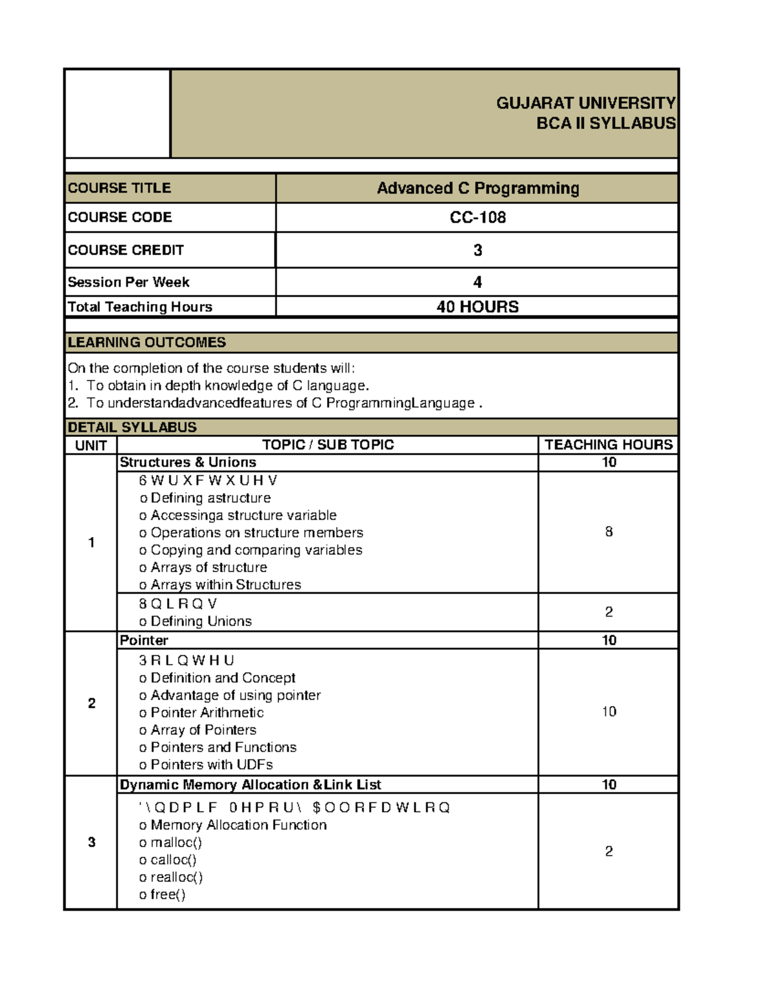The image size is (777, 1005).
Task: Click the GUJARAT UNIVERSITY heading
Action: coord(585,103)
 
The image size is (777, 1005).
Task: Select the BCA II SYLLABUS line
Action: coord(605,123)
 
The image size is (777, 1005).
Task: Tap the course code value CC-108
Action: coord(477,217)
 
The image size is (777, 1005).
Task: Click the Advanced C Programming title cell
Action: coord(477,188)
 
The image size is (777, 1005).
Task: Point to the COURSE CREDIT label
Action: coord(126,250)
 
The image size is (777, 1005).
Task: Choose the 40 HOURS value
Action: coord(477,307)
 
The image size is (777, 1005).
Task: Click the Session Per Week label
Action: coord(128,282)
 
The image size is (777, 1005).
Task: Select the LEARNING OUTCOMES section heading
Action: coord(147,342)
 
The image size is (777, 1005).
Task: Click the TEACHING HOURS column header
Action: coord(608,445)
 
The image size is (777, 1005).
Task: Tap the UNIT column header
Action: coord(91,445)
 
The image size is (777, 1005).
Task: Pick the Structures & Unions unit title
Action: coord(188,462)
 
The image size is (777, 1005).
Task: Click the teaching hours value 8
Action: coord(609,532)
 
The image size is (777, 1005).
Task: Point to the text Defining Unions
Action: coord(201,621)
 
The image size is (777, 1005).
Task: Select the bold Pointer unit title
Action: coord(144,640)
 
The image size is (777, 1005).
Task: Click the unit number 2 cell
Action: coord(91,703)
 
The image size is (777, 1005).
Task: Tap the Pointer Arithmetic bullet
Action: coord(207,712)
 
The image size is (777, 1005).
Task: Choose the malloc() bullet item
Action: coord(175,843)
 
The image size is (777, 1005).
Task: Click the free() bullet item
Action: coord(167,894)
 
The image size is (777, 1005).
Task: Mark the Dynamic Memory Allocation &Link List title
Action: coord(250,784)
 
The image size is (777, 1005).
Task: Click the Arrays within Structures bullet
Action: coord(225,584)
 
